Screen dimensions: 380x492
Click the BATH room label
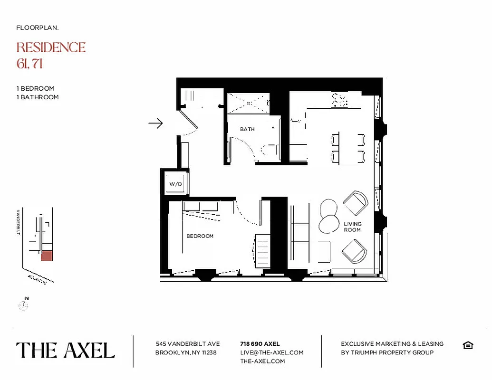click(x=247, y=129)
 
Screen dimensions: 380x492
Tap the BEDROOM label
click(x=200, y=236)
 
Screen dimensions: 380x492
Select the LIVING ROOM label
click(x=352, y=227)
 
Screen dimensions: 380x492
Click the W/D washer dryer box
click(x=176, y=184)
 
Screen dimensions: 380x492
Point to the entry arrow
click(x=155, y=123)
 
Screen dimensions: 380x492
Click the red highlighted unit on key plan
click(x=46, y=256)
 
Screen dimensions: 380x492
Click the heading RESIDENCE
click(x=51, y=47)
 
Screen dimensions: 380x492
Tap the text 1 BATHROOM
click(x=38, y=97)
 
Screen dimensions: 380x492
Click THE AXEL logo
click(x=66, y=351)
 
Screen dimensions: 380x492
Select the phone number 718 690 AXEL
click(x=260, y=344)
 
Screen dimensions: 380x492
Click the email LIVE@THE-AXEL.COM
click(x=272, y=352)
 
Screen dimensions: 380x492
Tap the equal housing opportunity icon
click(x=468, y=345)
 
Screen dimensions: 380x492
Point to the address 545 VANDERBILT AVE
click(x=188, y=344)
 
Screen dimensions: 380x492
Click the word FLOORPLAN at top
click(x=38, y=28)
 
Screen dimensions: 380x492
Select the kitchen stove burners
click(x=339, y=100)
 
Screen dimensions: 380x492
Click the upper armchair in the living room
click(x=355, y=203)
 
